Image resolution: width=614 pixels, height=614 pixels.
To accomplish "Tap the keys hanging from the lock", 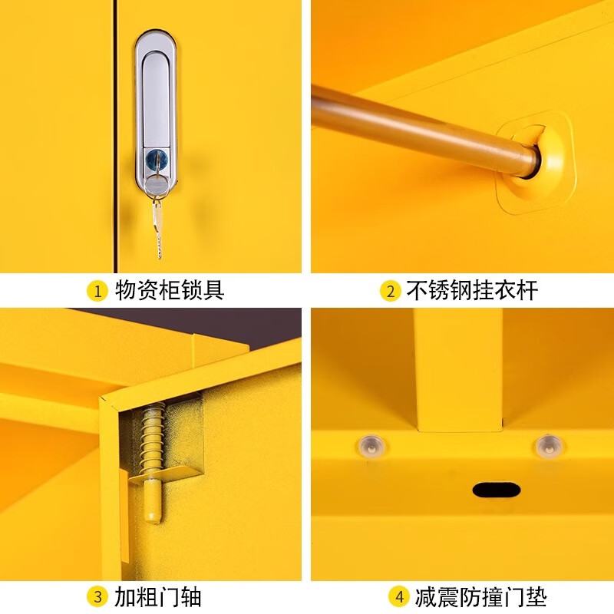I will click(x=158, y=219).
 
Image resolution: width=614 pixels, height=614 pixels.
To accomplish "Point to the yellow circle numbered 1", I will click(x=97, y=291).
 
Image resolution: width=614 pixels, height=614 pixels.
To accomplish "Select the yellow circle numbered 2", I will click(x=390, y=291).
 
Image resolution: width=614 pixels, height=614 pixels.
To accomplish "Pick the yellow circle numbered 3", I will click(x=97, y=596).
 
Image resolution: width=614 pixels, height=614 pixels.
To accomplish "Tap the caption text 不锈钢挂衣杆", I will click(x=471, y=291).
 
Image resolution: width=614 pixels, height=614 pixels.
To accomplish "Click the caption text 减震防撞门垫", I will click(x=480, y=596).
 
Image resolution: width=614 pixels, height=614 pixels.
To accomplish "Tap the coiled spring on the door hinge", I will click(x=152, y=438).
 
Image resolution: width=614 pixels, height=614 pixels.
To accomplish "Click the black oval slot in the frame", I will click(x=497, y=490).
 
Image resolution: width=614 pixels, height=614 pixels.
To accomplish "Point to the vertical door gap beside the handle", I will click(x=117, y=138).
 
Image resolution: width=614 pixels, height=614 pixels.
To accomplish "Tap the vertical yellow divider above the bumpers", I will click(x=459, y=368).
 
